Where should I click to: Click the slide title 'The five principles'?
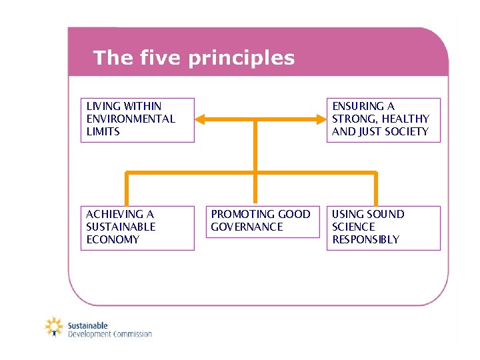pyautogui.click(x=193, y=58)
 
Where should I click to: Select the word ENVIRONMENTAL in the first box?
pyautogui.click(x=131, y=119)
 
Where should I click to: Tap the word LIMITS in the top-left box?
pyautogui.click(x=103, y=131)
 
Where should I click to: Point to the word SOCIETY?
pyautogui.click(x=405, y=131)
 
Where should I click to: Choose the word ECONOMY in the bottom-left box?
pyautogui.click(x=113, y=239)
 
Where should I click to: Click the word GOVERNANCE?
pyautogui.click(x=247, y=227)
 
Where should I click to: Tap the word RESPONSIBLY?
pyautogui.click(x=365, y=239)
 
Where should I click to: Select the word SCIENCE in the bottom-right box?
pyautogui.click(x=353, y=227)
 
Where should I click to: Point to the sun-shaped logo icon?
pyautogui.click(x=54, y=327)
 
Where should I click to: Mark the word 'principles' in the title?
pyautogui.click(x=241, y=58)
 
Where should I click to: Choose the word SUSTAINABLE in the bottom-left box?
pyautogui.click(x=121, y=227)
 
